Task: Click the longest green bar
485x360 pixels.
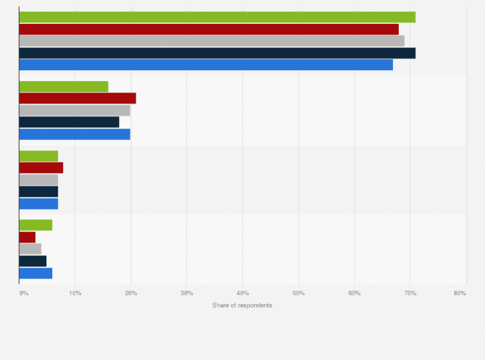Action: pos(217,17)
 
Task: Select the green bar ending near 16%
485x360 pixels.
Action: pos(64,87)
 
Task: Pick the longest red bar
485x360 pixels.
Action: pos(209,29)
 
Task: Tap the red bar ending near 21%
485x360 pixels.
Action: pos(77,98)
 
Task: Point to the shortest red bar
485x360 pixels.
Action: pos(27,237)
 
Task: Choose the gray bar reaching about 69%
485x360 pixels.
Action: pos(212,41)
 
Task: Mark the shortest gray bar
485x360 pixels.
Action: pos(30,249)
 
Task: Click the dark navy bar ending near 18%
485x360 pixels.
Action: pos(69,122)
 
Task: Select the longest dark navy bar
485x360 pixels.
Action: pos(217,53)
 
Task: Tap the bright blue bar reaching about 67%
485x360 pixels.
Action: pos(206,64)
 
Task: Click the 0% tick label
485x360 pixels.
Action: pos(24,293)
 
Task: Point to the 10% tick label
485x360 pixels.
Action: pos(75,293)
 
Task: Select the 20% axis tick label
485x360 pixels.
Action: pos(131,293)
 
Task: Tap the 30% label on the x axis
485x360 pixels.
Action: pos(187,293)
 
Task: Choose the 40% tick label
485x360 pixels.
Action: pos(243,293)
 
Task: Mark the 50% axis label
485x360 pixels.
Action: pos(298,293)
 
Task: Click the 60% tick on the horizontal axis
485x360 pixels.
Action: pos(354,293)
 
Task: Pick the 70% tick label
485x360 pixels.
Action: pos(410,293)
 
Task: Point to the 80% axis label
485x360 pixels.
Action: pos(459,293)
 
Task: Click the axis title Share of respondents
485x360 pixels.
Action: pos(242,305)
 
